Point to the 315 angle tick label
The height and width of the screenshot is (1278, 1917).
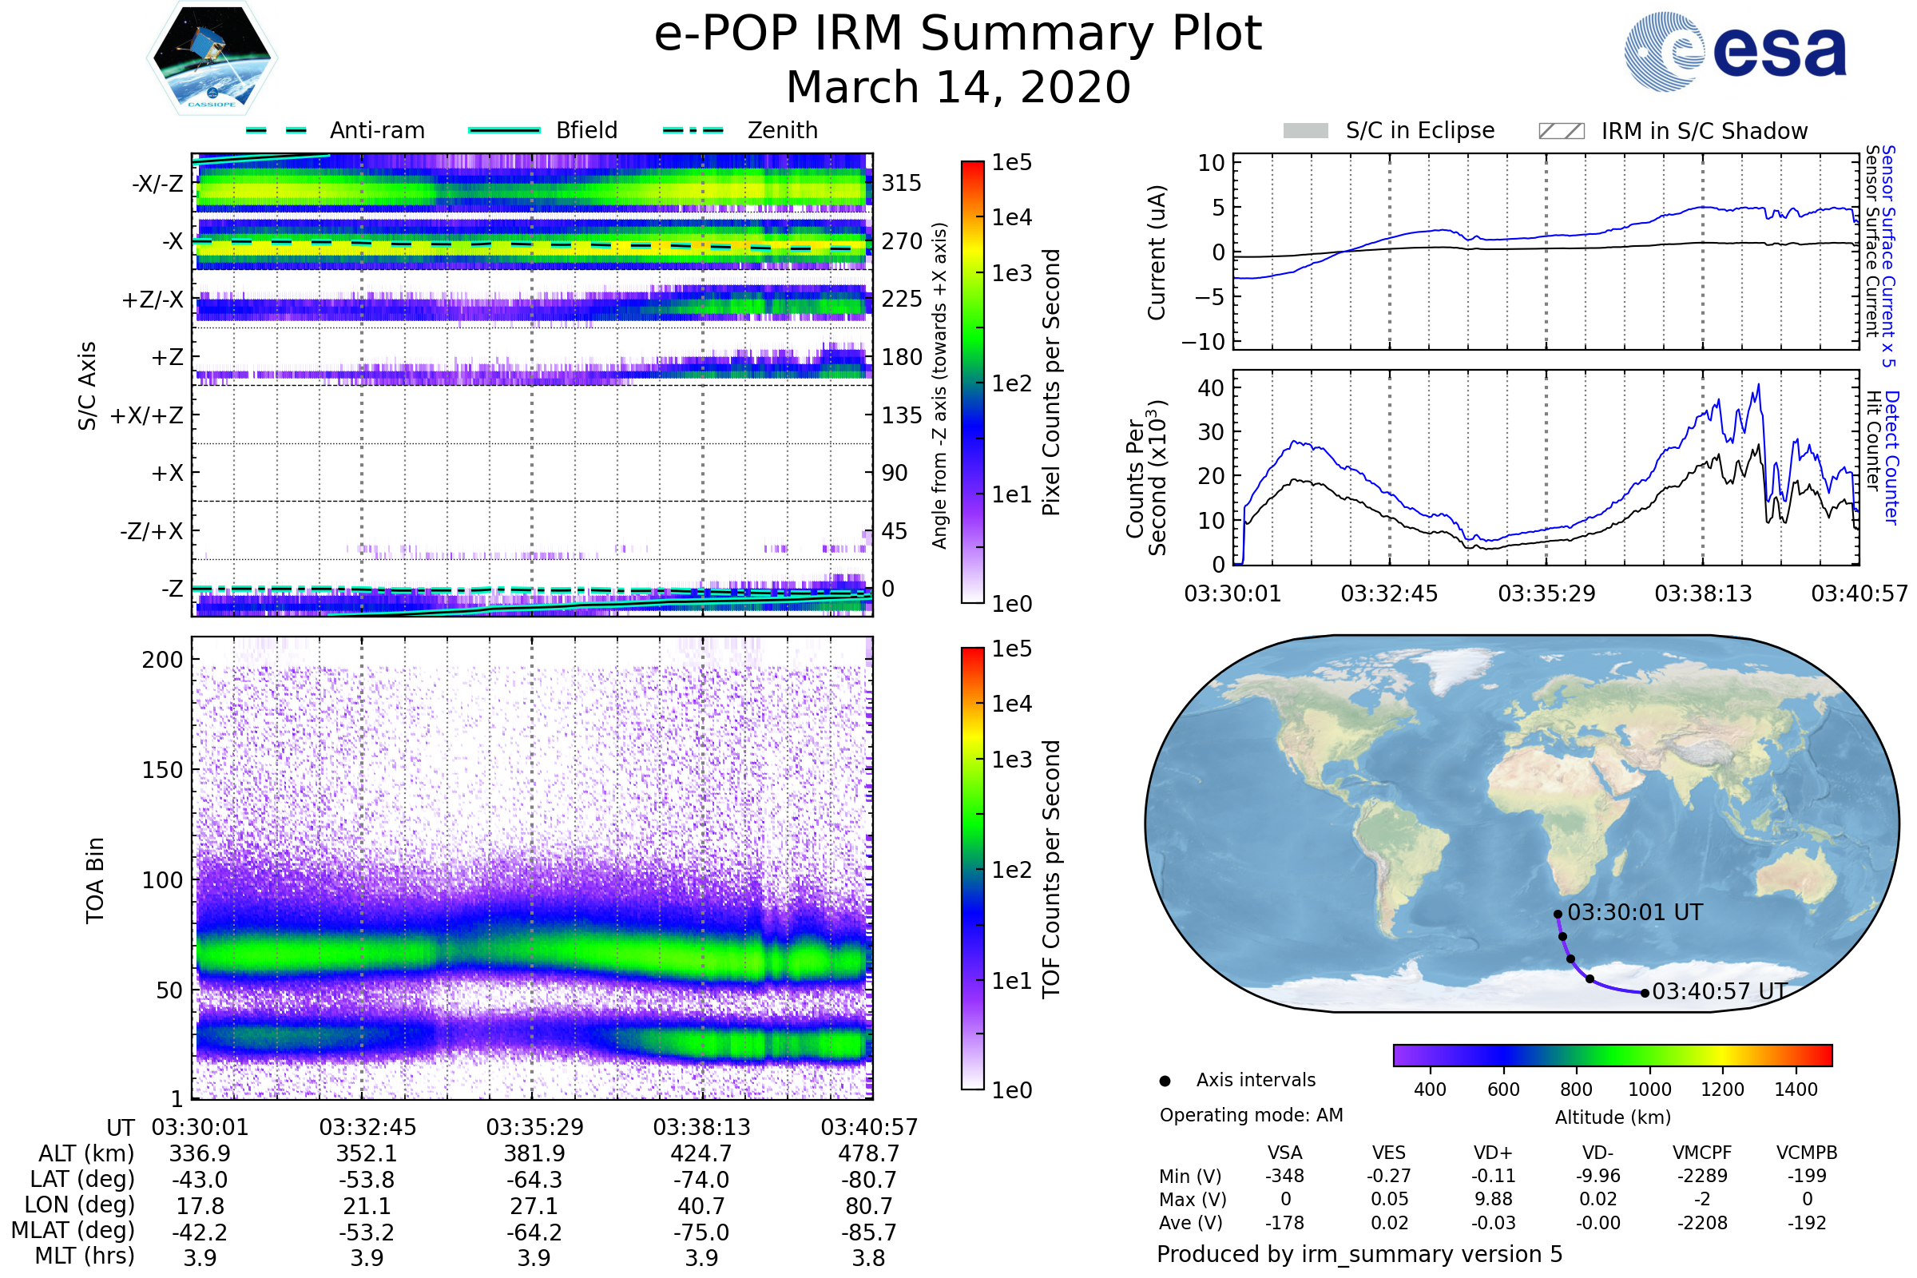click(902, 183)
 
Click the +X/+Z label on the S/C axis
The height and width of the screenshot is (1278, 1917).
click(147, 415)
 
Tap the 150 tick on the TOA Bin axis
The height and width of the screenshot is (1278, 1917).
click(162, 770)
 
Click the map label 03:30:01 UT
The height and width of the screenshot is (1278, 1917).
click(1635, 912)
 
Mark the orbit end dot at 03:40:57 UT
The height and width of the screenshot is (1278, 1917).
click(1645, 993)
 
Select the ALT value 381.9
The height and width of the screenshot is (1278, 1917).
click(534, 1154)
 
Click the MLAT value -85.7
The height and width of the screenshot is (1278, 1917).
click(869, 1232)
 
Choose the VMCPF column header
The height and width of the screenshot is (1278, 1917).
click(1702, 1153)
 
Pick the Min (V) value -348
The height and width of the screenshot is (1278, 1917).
click(1284, 1176)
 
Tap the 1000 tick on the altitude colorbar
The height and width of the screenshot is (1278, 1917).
click(1649, 1089)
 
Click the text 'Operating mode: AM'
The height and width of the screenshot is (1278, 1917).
click(1251, 1115)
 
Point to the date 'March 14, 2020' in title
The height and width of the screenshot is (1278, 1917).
click(958, 87)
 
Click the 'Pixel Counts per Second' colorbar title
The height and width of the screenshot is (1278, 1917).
click(1051, 383)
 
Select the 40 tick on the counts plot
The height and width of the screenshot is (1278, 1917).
click(1211, 388)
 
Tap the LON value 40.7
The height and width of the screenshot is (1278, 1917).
click(701, 1206)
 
